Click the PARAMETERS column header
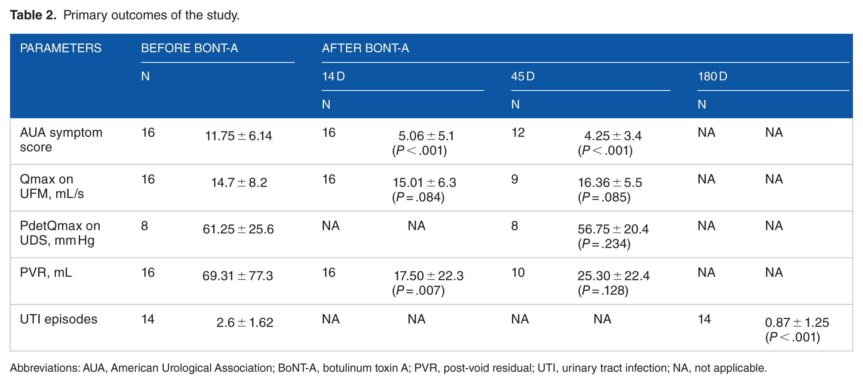[61, 48]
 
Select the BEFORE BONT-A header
[190, 48]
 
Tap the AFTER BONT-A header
[365, 48]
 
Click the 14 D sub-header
[334, 76]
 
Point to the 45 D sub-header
[523, 76]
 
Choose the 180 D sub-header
[713, 76]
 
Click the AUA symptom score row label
[61, 140]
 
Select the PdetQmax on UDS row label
[60, 233]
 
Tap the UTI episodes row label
[59, 319]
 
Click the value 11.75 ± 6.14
[239, 136]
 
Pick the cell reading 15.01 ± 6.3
[425, 182]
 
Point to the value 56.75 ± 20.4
[613, 229]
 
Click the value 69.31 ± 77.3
[238, 276]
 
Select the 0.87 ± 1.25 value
[797, 322]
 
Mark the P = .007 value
[418, 290]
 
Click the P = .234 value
[604, 244]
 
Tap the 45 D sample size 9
[515, 179]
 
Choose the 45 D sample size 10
[518, 273]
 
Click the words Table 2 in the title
[33, 15]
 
